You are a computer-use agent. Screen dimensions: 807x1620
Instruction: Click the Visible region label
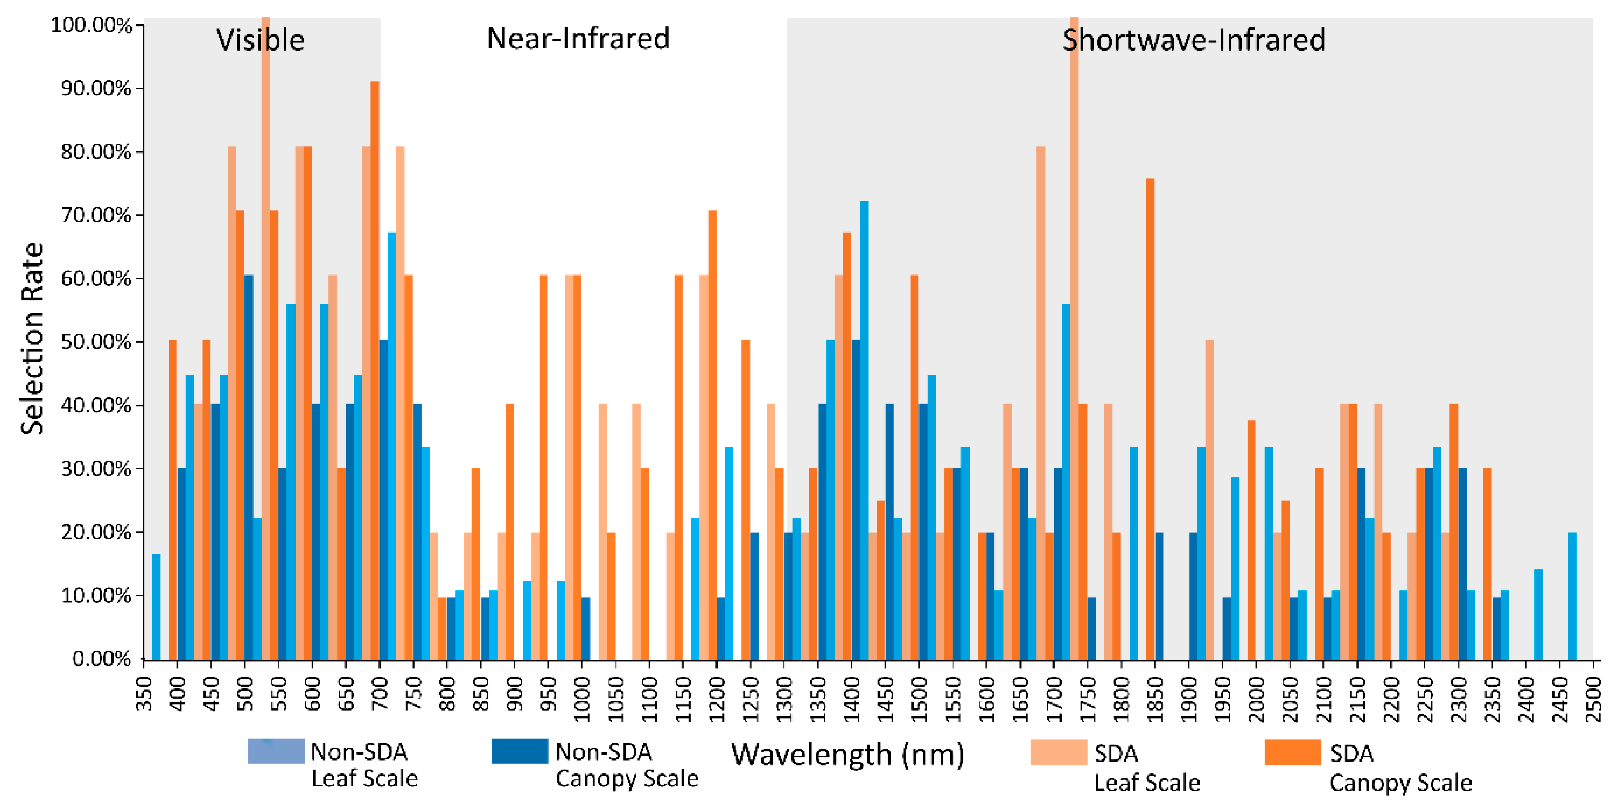pos(260,40)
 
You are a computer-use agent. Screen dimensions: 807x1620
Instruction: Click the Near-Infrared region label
pos(578,39)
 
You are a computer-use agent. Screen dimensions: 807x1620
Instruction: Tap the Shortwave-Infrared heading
pos(1194,40)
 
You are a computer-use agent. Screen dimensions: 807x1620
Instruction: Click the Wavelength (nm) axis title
pos(847,754)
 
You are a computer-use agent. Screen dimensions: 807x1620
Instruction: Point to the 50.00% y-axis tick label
pos(96,342)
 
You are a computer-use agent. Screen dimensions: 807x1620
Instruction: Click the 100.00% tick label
pos(91,26)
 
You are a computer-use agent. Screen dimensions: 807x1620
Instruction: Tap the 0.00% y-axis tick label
pos(101,659)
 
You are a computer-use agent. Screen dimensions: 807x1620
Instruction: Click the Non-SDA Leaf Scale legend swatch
pos(275,751)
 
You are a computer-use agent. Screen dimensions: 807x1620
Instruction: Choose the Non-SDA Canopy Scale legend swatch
pos(519,751)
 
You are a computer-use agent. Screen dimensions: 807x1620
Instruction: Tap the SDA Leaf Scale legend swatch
pos(1059,752)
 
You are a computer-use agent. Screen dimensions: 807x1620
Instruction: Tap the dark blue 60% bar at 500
pos(249,468)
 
